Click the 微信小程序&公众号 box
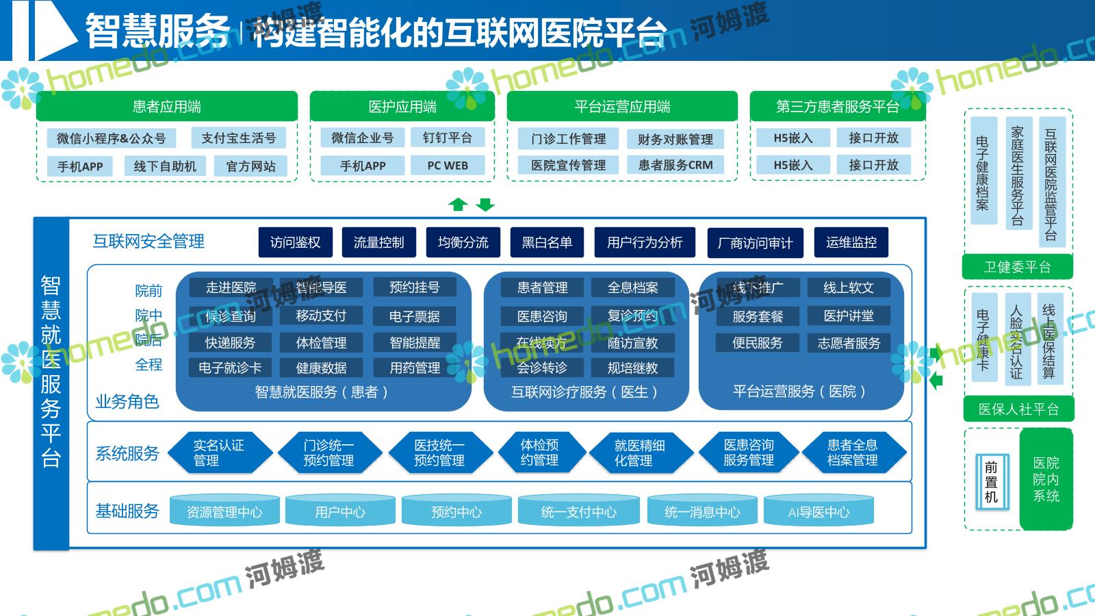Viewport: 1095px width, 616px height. click(x=111, y=138)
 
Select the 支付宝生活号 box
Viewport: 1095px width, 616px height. click(x=238, y=138)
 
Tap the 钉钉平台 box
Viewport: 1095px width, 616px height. click(x=447, y=138)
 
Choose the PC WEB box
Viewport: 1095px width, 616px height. click(x=447, y=166)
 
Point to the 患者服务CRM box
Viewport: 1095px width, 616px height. click(x=675, y=165)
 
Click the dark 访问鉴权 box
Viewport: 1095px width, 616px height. click(x=295, y=242)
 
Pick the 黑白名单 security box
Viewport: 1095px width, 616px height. click(x=547, y=242)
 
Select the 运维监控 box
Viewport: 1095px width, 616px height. click(x=851, y=242)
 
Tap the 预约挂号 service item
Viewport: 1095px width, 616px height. click(x=414, y=287)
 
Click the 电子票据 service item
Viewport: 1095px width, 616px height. click(x=414, y=316)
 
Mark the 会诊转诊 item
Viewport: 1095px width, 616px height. click(x=541, y=368)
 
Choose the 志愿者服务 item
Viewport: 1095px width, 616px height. click(x=849, y=343)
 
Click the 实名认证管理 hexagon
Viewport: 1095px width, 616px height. click(x=219, y=453)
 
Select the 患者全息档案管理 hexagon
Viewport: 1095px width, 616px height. click(x=853, y=453)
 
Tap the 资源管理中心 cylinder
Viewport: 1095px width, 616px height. click(x=224, y=511)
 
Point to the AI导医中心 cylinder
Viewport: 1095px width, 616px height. click(x=819, y=511)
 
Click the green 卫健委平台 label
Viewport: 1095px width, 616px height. click(x=1017, y=267)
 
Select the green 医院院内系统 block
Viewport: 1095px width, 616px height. click(x=1046, y=479)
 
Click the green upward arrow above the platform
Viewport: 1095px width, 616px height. click(x=458, y=204)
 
